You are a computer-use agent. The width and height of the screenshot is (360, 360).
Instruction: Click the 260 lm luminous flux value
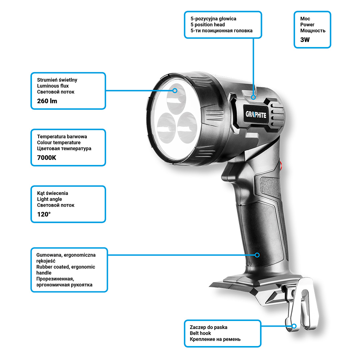pyautogui.click(x=47, y=101)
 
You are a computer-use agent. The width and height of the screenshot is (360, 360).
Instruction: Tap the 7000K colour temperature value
pyautogui.click(x=47, y=158)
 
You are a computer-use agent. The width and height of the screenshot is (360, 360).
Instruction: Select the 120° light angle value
pyautogui.click(x=44, y=214)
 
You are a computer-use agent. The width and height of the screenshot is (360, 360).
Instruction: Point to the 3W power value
pyautogui.click(x=305, y=40)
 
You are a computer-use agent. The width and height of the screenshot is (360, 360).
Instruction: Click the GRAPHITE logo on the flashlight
pyautogui.click(x=256, y=114)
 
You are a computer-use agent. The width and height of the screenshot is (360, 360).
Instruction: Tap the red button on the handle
pyautogui.click(x=281, y=166)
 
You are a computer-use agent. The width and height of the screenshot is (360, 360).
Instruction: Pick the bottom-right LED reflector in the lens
pyautogui.click(x=187, y=127)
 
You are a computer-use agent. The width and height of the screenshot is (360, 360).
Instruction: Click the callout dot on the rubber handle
pyautogui.click(x=257, y=255)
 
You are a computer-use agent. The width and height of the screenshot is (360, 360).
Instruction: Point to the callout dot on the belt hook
pyautogui.click(x=294, y=326)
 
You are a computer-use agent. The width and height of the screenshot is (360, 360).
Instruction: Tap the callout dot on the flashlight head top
pyautogui.click(x=253, y=97)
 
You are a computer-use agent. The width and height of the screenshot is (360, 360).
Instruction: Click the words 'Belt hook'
pyautogui.click(x=200, y=333)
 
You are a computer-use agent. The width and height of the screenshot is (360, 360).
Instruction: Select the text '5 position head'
pyautogui.click(x=208, y=25)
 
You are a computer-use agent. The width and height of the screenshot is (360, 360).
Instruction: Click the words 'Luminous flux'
pyautogui.click(x=53, y=86)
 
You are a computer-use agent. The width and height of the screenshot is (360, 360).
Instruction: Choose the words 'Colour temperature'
pyautogui.click(x=59, y=143)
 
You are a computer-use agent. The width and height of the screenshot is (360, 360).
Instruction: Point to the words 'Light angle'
pyautogui.click(x=49, y=199)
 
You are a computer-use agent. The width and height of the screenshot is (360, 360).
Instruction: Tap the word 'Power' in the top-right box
pyautogui.click(x=307, y=25)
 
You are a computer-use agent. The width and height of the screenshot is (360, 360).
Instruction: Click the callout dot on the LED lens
pyautogui.click(x=175, y=90)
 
